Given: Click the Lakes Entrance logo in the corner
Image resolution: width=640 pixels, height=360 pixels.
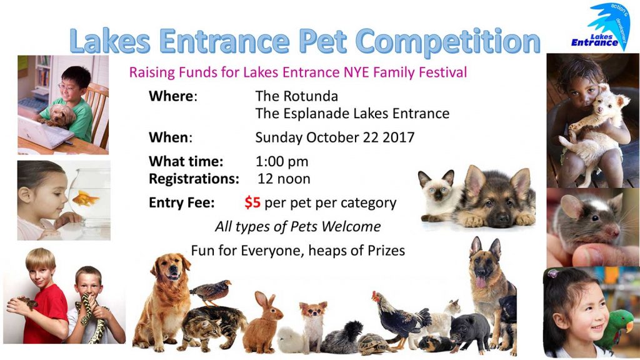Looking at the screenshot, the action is click(601, 27).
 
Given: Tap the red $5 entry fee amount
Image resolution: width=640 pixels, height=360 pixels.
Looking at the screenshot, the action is click(252, 202).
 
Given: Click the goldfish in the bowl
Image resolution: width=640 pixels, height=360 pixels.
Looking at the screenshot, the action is click(85, 199).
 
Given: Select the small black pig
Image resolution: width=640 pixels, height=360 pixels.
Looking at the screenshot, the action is click(470, 331).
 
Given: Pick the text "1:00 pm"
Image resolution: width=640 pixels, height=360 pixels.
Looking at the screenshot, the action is click(282, 162).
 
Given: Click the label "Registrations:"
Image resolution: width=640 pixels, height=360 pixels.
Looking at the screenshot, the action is click(194, 179).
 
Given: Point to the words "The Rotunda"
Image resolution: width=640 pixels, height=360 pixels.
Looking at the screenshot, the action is click(297, 96).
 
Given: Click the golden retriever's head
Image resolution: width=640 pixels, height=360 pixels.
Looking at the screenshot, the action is click(171, 267).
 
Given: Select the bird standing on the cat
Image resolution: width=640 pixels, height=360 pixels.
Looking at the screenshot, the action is click(211, 292).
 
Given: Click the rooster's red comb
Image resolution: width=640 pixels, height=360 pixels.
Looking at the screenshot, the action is click(375, 294).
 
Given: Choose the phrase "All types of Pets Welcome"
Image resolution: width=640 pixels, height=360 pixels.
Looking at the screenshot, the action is click(298, 226).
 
